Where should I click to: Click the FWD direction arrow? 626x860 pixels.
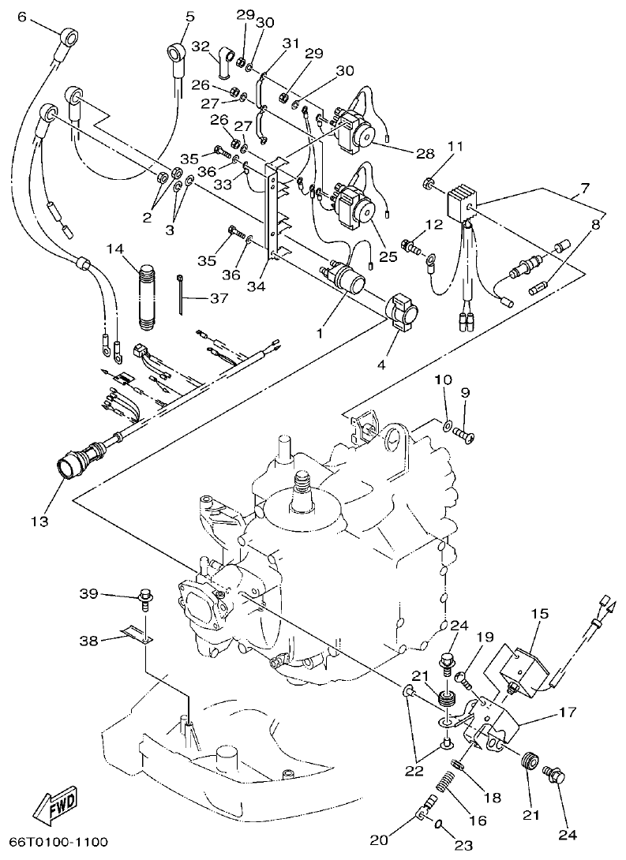[56, 803]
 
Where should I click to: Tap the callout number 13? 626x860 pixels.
[39, 522]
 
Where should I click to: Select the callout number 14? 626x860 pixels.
[116, 249]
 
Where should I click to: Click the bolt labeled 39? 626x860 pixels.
[145, 596]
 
